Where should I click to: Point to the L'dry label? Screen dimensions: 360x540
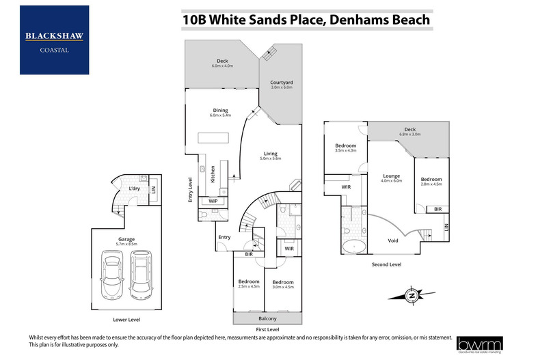click(x=135, y=189)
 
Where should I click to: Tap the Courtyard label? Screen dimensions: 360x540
click(x=281, y=82)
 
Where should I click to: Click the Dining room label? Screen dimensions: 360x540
click(x=220, y=110)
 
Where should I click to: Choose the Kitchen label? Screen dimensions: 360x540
click(x=213, y=174)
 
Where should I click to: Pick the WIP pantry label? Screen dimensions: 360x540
click(x=213, y=202)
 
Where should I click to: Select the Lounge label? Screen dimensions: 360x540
click(x=391, y=176)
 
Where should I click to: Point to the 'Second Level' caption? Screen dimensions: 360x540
click(x=386, y=264)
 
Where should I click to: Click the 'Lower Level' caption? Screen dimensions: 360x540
click(x=127, y=319)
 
